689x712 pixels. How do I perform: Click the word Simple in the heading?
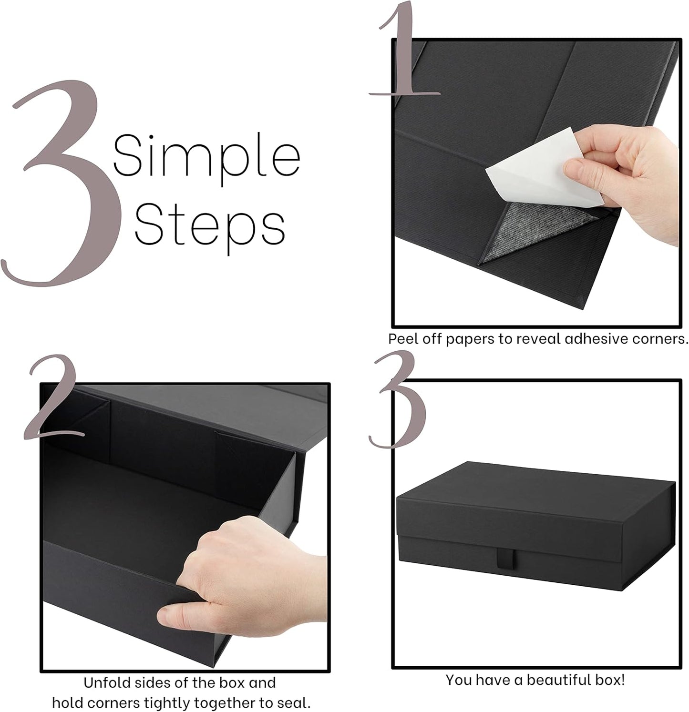click(206, 156)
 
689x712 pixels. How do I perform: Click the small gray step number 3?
click(399, 400)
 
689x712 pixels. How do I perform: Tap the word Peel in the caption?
click(402, 339)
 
